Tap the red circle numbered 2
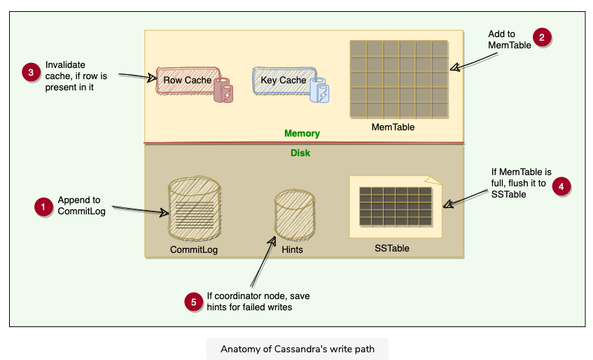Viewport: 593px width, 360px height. (541, 38)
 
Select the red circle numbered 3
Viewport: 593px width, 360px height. (31, 74)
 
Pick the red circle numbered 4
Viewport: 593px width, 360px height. (561, 186)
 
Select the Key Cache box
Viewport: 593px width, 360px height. (283, 80)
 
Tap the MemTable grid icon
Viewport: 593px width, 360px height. (398, 78)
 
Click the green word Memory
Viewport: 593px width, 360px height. (302, 133)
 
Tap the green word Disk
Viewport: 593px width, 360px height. (300, 152)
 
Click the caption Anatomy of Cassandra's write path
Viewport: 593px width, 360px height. (297, 349)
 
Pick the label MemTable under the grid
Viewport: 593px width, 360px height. (393, 127)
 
